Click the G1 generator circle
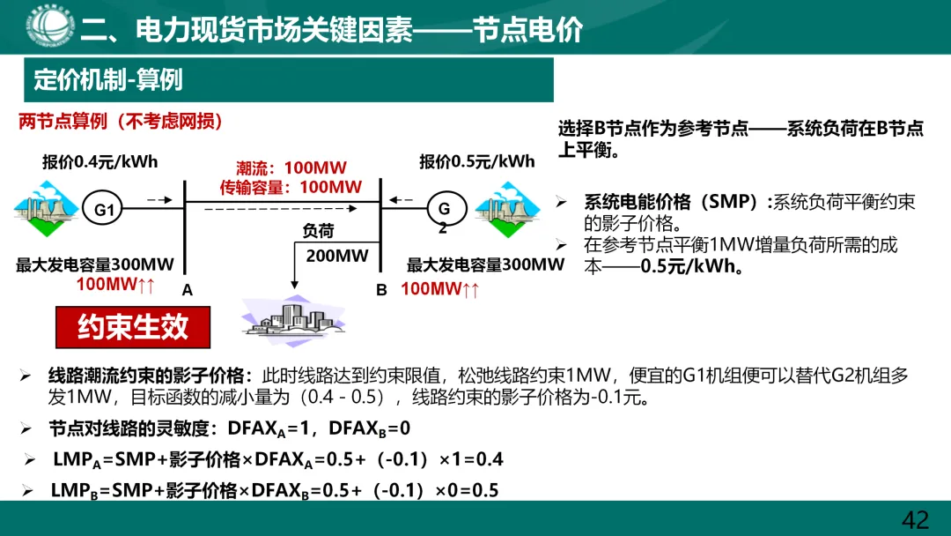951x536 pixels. (x=105, y=210)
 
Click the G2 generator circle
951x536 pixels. (x=445, y=210)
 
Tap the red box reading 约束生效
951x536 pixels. (x=134, y=327)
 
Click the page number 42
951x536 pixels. (x=916, y=519)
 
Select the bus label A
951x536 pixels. (x=187, y=289)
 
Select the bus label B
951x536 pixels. (x=381, y=289)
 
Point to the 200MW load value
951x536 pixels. (x=337, y=256)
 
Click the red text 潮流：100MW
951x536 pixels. (x=291, y=167)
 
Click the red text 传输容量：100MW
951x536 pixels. (x=291, y=186)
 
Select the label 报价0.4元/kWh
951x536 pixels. (x=100, y=162)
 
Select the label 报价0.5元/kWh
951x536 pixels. (x=477, y=161)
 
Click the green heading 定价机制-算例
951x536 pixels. (x=108, y=79)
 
